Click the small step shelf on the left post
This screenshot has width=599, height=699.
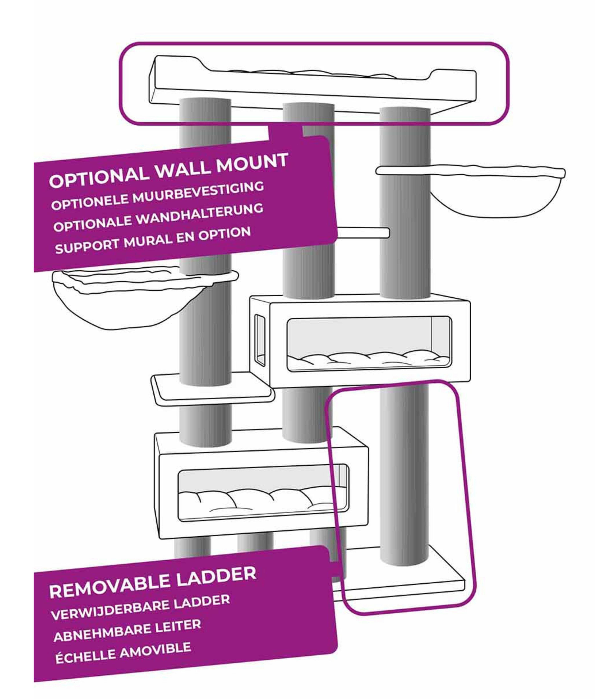pyautogui.click(x=212, y=390)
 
